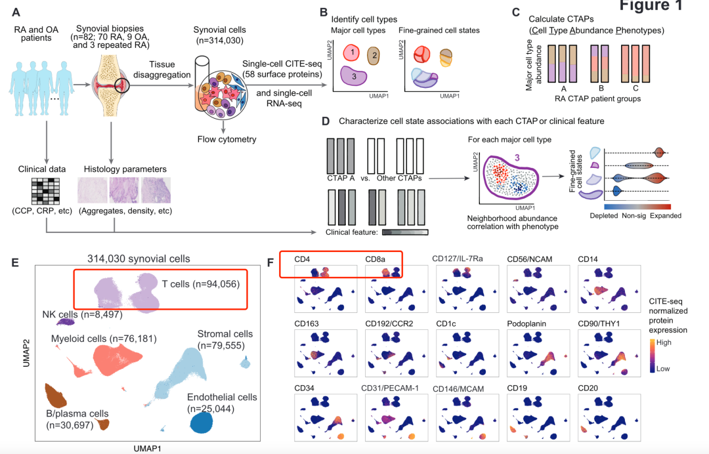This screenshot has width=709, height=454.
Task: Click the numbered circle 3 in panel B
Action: [x=354, y=77]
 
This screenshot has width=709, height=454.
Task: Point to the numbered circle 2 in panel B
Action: [x=374, y=55]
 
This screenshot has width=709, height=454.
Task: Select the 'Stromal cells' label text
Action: [x=223, y=335]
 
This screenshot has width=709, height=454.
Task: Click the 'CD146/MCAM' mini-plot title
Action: [x=458, y=388]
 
